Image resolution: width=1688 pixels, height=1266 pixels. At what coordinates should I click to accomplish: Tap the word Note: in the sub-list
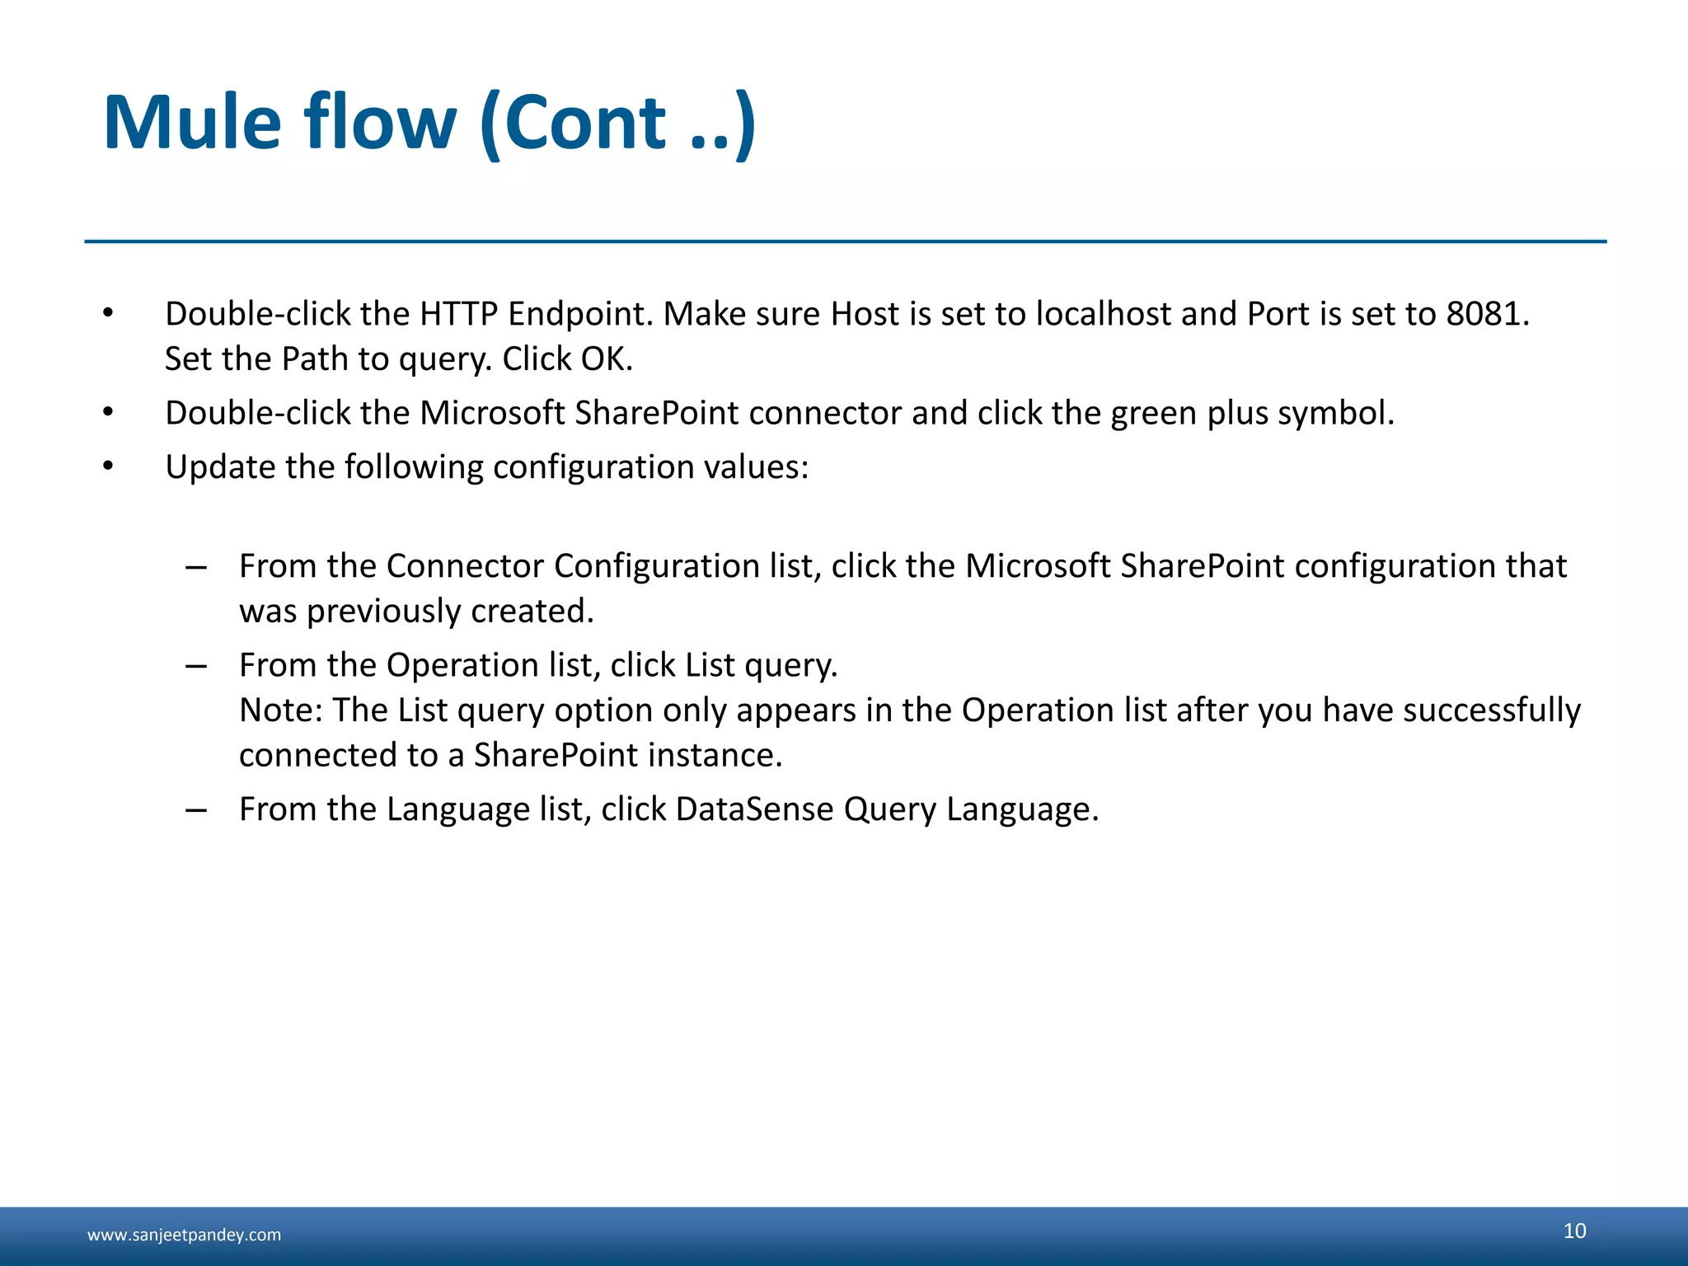coord(281,710)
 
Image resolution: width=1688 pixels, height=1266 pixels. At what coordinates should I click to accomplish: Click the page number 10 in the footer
coord(1574,1231)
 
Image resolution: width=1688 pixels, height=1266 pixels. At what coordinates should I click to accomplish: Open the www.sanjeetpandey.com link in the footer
coord(184,1235)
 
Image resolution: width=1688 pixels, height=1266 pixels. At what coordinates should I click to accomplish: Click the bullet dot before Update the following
coord(108,467)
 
